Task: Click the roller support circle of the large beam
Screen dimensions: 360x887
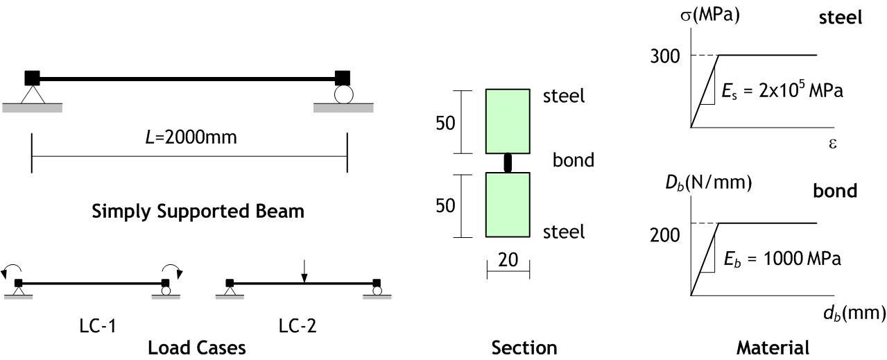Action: click(343, 94)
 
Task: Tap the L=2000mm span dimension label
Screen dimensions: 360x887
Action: click(190, 137)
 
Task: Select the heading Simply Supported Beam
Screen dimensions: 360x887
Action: click(198, 211)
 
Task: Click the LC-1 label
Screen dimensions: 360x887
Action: click(97, 325)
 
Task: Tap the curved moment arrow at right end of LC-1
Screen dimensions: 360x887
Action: click(174, 270)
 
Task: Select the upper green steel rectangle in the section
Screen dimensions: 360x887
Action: click(508, 121)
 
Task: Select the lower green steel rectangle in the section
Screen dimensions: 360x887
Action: click(508, 205)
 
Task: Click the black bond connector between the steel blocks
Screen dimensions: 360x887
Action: click(508, 163)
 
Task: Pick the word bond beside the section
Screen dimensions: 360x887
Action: click(574, 160)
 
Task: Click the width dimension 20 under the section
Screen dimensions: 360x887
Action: click(508, 260)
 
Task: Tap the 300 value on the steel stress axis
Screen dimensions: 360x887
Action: click(664, 56)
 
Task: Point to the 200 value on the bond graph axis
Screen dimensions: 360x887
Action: click(664, 235)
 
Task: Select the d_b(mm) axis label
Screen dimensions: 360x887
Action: click(854, 313)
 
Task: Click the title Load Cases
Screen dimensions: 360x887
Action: click(196, 347)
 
